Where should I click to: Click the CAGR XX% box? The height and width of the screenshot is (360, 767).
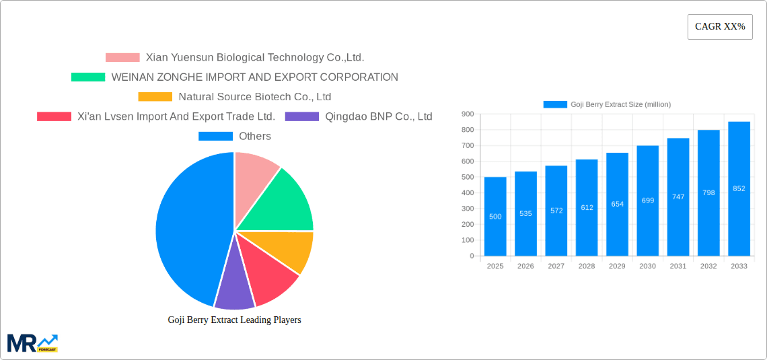720,27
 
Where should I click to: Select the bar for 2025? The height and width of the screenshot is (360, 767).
495,216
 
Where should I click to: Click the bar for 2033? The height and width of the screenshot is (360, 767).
739,188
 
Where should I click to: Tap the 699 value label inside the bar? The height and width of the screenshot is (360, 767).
647,201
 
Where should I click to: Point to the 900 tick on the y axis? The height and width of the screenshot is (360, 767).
467,114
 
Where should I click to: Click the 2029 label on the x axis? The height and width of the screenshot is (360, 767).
617,266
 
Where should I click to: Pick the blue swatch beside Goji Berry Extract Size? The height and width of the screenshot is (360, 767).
555,104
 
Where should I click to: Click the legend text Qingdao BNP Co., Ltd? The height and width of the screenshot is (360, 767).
378,116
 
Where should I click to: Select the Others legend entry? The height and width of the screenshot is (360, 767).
254,136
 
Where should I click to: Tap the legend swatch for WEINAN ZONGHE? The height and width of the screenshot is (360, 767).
88,77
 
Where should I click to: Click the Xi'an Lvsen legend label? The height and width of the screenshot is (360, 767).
176,116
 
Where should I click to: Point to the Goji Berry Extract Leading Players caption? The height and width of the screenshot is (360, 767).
234,320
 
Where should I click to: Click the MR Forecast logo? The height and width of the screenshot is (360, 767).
32,343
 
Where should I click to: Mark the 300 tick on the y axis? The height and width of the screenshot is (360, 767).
467,209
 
